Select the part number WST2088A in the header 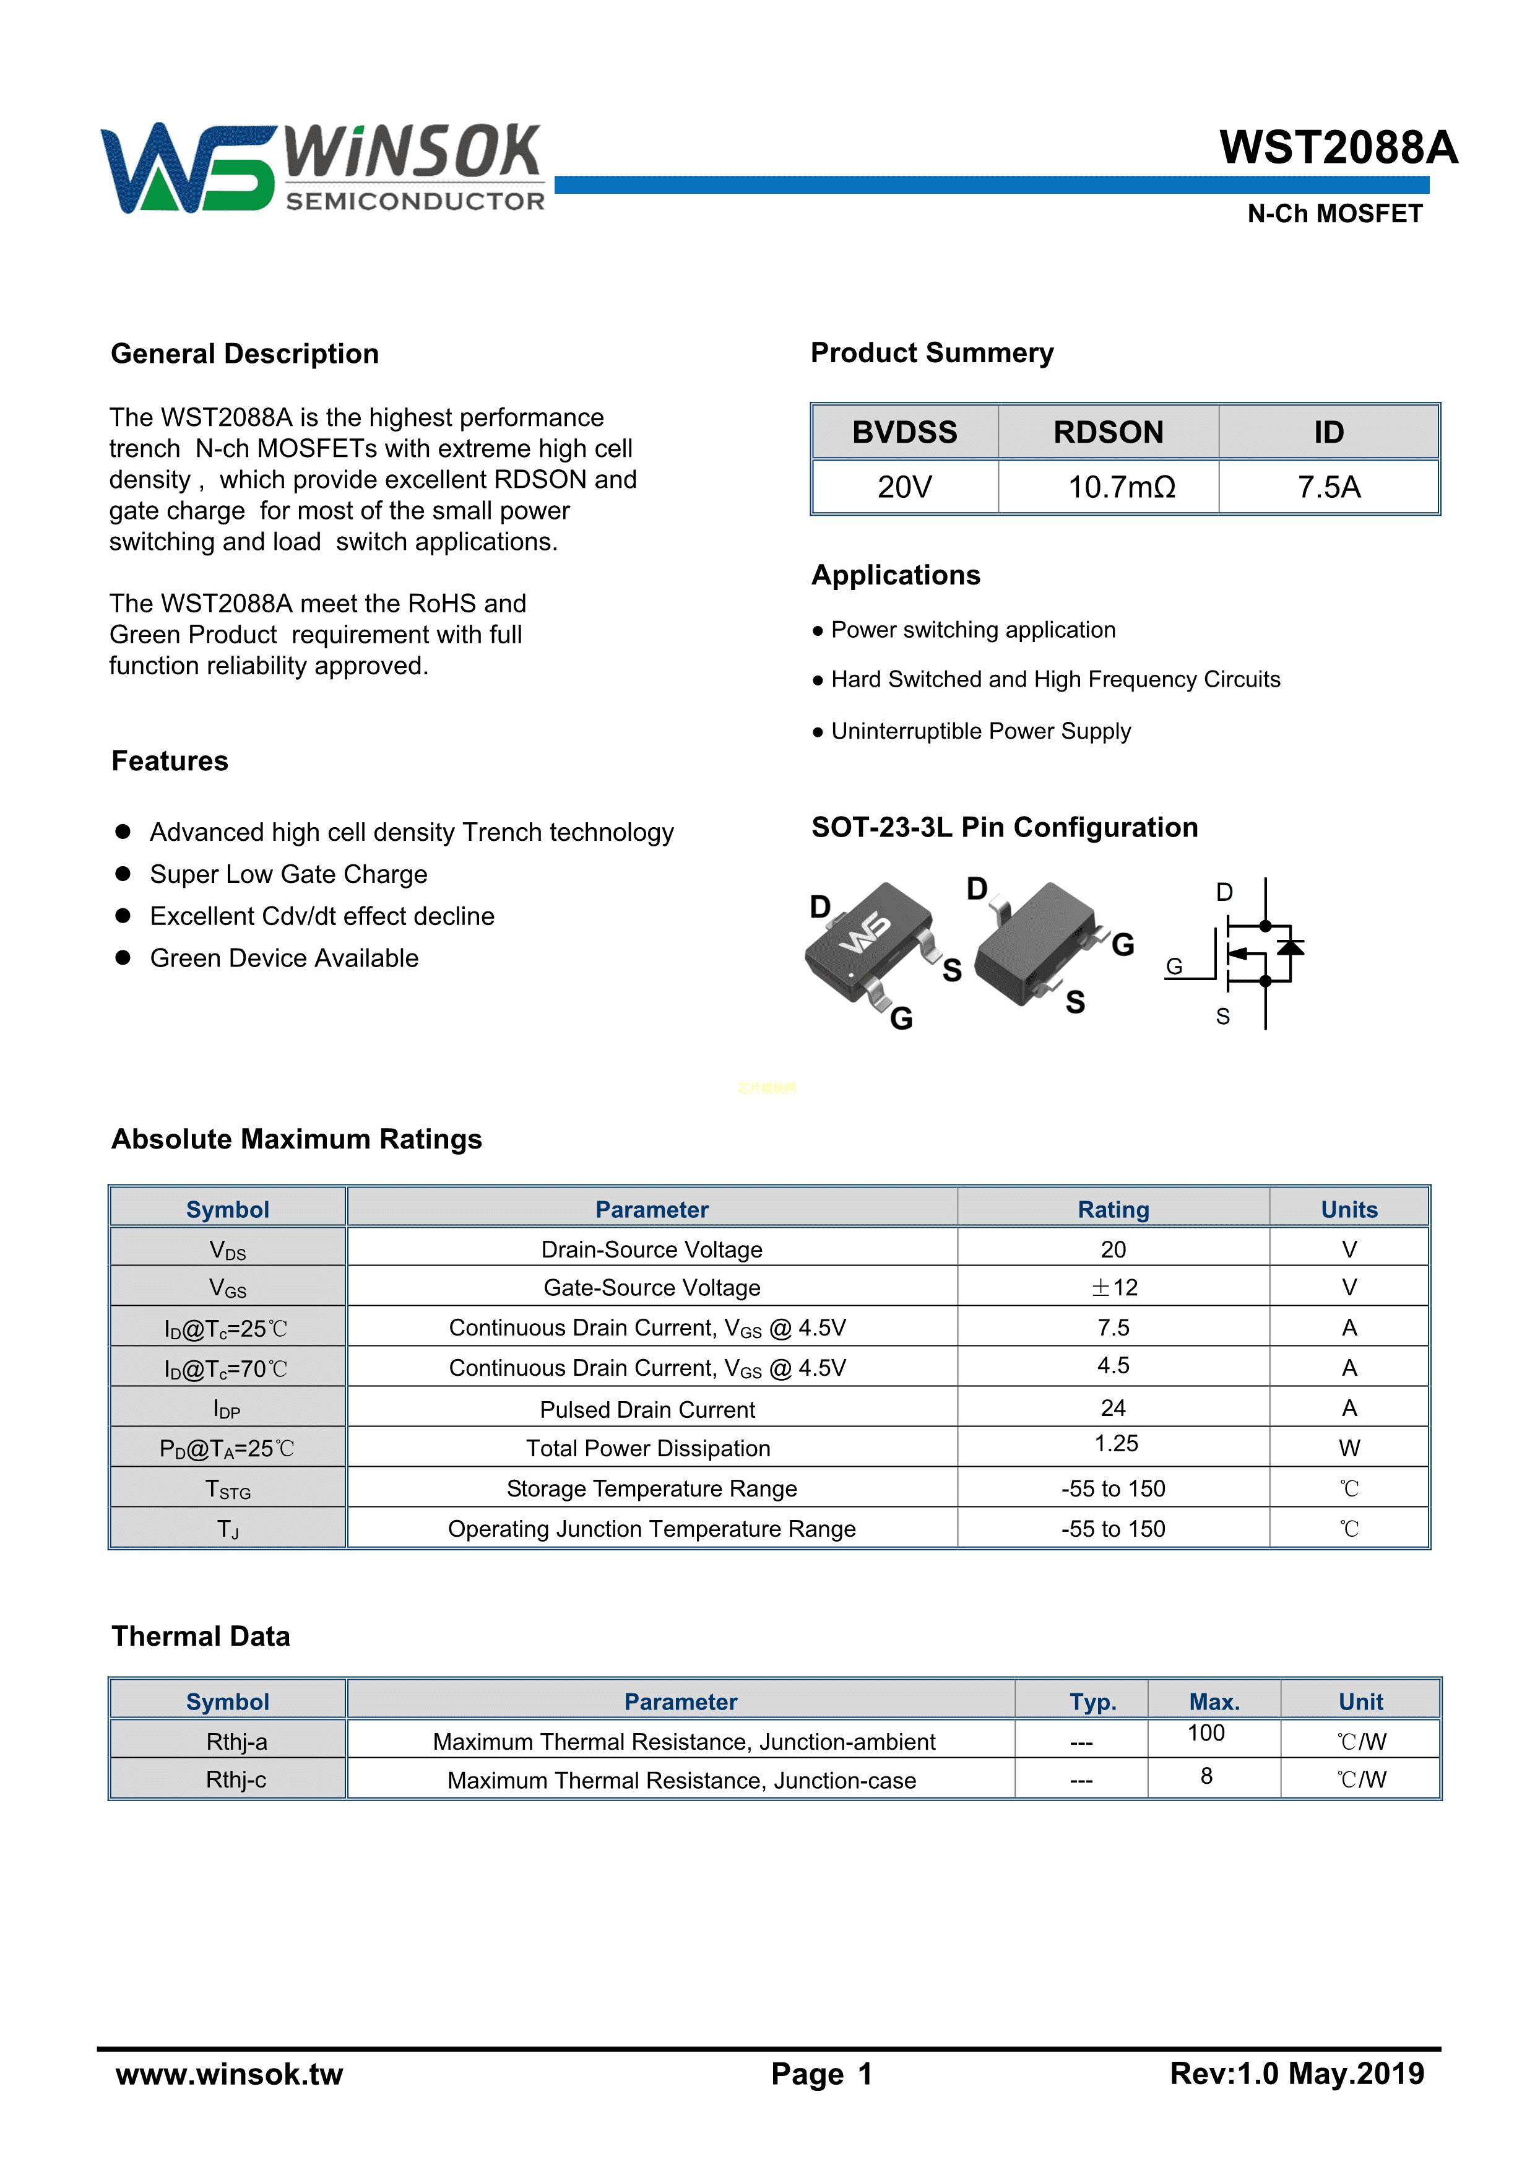[x=1338, y=147]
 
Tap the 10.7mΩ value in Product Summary [x=1121, y=487]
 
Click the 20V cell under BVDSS [x=904, y=487]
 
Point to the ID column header [x=1328, y=432]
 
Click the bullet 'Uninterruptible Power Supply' [x=980, y=731]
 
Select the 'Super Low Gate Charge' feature [x=288, y=874]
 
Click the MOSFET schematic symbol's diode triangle [x=1290, y=946]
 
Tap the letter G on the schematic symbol [x=1174, y=966]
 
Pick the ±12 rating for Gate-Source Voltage [x=1113, y=1287]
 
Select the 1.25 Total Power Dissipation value [x=1116, y=1444]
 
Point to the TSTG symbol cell [x=228, y=1490]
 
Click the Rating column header [x=1113, y=1210]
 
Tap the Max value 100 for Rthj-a [x=1206, y=1733]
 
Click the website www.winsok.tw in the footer [x=229, y=2074]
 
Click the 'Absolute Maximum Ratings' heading [x=297, y=1139]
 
